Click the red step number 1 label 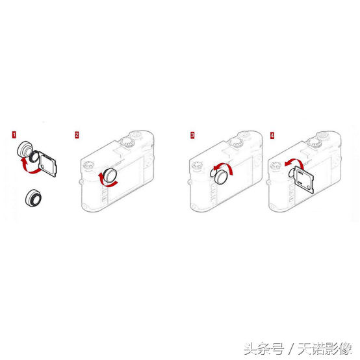(14, 135)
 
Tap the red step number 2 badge (77, 135)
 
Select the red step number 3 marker (192, 135)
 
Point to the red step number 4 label (272, 135)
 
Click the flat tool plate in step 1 (48, 164)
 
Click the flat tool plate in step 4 (304, 179)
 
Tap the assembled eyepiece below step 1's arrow (34, 198)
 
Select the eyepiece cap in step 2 (110, 175)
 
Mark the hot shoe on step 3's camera (229, 151)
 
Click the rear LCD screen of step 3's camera (237, 181)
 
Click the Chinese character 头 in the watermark (250, 348)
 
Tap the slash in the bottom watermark (292, 348)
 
